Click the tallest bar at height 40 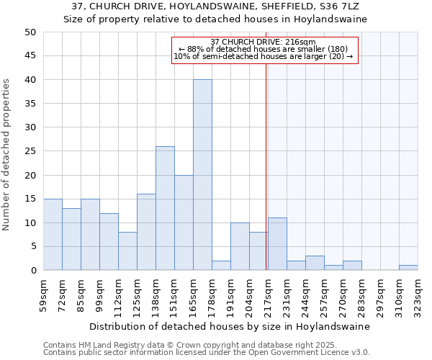202,175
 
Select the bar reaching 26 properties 165,208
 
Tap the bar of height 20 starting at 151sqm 184,222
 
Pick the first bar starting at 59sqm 53,235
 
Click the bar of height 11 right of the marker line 277,244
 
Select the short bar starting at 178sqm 221,266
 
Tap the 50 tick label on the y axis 30,32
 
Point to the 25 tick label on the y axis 30,151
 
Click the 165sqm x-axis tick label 192,295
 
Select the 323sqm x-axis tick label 418,295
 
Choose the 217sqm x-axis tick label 267,295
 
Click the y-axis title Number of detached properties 7,156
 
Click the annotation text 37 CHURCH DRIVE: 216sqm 264,42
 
